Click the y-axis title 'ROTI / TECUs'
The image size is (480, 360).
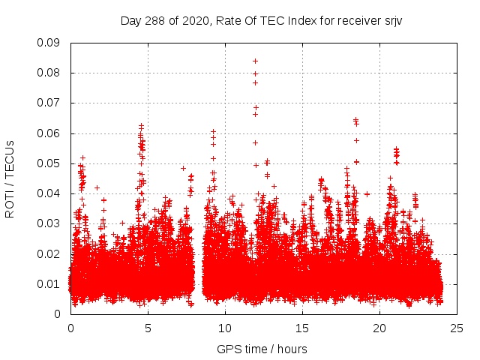coord(10,178)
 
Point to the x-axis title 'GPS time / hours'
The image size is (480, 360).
coord(262,349)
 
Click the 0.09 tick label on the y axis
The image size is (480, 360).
coord(49,43)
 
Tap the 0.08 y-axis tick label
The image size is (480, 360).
coord(49,73)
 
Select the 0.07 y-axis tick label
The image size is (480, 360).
coord(49,103)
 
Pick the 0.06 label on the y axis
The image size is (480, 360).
coord(49,133)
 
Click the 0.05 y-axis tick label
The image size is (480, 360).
coord(49,163)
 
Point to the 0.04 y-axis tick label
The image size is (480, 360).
coord(49,193)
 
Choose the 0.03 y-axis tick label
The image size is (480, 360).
coord(49,223)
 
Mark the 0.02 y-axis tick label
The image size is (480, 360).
coord(49,253)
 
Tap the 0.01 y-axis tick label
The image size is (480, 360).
coord(49,283)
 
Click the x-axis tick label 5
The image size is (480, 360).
coord(148,328)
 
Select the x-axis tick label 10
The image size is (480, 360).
coord(225,328)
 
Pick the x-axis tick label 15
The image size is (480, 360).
coord(302,328)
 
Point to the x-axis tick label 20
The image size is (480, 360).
coord(379,328)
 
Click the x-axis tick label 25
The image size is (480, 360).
coord(457,328)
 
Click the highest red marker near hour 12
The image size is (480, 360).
coord(255,61)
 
